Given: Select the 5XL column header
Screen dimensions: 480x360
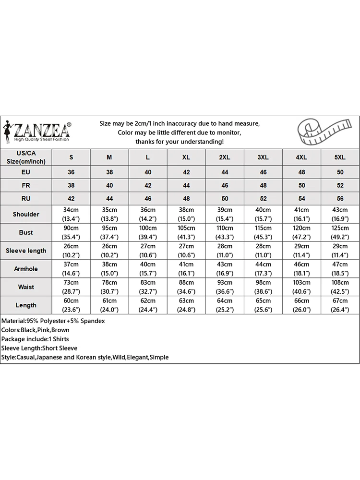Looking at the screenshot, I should point(340,157).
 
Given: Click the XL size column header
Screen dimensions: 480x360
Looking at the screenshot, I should point(186,157).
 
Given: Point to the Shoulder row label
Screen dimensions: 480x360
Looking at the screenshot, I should point(26,214).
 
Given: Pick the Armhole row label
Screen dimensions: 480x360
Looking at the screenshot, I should point(26,269).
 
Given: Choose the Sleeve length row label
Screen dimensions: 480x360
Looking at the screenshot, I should point(26,251).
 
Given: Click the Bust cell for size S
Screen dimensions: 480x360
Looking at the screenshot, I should point(71,232).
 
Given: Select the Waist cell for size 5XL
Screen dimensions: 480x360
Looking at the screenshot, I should point(340,287).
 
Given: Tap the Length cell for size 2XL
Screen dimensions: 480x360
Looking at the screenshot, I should point(225,305).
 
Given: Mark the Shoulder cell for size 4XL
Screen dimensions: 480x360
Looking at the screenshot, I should point(301,214).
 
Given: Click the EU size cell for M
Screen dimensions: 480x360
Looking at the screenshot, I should point(109,172).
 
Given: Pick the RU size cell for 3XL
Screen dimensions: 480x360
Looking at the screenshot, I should point(263,198).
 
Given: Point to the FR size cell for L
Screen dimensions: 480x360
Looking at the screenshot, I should point(148,185).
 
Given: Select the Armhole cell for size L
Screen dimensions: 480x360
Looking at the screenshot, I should point(148,269).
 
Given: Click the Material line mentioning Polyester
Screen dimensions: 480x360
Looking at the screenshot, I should point(53,321).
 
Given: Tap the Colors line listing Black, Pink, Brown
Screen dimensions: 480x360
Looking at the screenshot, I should point(36,330).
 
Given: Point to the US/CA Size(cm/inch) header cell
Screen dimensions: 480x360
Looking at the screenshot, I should point(26,157).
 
